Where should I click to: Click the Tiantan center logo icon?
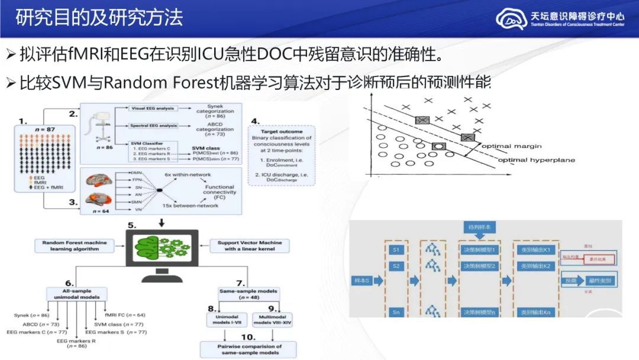click(511, 18)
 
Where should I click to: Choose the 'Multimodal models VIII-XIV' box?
click(273, 320)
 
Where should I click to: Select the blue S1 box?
click(396, 250)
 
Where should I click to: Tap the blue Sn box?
click(396, 312)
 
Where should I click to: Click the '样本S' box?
click(362, 279)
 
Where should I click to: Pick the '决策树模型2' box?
click(479, 266)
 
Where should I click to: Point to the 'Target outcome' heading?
click(281, 131)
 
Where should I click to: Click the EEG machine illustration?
click(96, 127)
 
